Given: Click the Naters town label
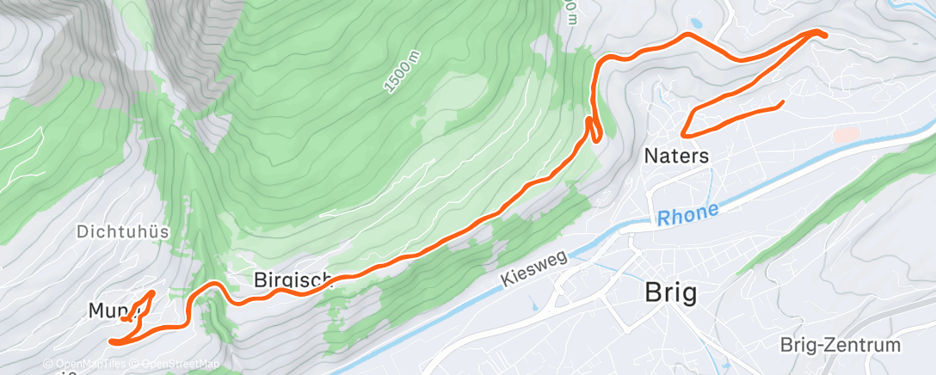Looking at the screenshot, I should click(676, 157).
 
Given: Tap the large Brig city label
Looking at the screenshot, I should click(671, 293).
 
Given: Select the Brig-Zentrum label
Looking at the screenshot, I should click(840, 346).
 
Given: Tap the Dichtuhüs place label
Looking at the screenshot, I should click(122, 231).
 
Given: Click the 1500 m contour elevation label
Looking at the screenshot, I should click(402, 70).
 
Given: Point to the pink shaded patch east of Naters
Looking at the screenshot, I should click(847, 135).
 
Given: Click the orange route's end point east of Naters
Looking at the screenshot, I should click(783, 103).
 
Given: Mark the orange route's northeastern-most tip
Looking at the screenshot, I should click(823, 34).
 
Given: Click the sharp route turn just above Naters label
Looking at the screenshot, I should click(683, 134).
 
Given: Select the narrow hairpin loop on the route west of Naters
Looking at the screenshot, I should click(593, 127).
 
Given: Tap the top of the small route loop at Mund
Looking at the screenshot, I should click(152, 293).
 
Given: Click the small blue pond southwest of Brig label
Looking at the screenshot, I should click(533, 305).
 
